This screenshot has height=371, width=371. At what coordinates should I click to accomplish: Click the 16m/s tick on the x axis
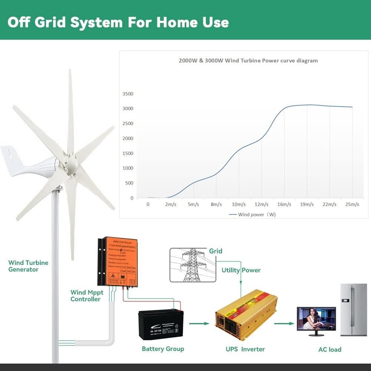point(284,204)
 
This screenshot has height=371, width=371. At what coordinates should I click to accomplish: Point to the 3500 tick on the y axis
point(128,94)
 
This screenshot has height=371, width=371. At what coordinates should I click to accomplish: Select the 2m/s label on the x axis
point(171,204)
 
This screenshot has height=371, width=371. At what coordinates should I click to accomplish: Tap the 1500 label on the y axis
point(128,153)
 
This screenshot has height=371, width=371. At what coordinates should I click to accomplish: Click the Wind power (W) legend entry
point(252,214)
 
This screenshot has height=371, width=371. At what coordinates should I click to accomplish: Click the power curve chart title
point(248,60)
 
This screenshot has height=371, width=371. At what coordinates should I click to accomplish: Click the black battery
point(161,325)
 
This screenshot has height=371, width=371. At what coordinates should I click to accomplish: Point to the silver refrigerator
point(353,310)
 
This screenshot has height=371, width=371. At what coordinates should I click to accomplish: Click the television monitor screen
point(316,318)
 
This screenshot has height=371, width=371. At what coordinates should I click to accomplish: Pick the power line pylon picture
point(193,265)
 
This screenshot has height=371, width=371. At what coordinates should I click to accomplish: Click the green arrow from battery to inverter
point(199,324)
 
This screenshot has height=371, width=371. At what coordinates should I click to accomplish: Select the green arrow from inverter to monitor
point(284,324)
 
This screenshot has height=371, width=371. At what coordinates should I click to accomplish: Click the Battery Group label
point(163,349)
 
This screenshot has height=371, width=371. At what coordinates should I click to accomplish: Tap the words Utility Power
point(241,270)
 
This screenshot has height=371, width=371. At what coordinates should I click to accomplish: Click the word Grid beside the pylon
point(216,251)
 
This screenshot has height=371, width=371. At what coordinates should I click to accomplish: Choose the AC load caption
point(330,349)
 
